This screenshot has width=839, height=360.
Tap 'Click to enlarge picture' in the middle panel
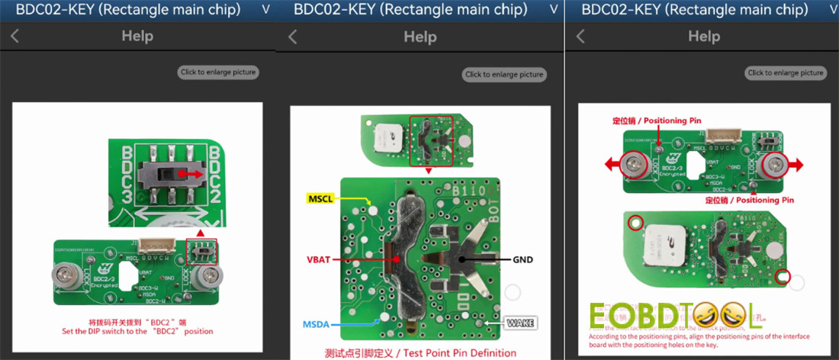click(x=504, y=74)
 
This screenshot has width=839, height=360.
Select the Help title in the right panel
click(x=704, y=36)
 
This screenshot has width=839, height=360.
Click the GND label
click(x=522, y=259)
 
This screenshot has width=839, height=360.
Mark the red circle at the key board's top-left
click(x=634, y=223)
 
